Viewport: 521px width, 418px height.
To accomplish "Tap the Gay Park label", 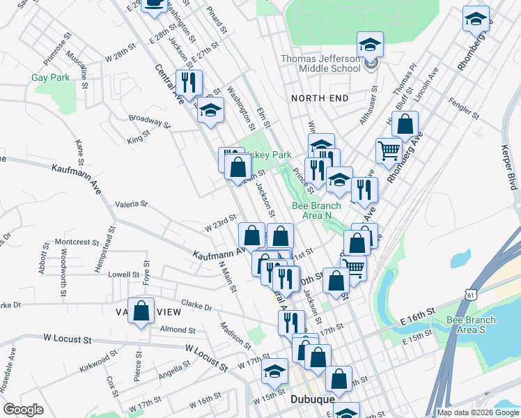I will (50, 78).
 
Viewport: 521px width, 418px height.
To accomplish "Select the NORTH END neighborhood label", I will (320, 98).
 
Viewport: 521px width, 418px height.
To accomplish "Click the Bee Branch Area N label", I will (316, 210).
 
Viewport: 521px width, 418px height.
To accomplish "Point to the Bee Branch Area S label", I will (472, 325).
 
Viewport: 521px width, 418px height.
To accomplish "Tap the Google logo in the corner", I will (23, 410).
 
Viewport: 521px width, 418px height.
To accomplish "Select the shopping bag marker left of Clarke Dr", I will (141, 313).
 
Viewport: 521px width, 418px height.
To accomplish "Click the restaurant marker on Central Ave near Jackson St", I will (189, 82).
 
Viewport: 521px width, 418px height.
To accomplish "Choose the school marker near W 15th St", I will (275, 371).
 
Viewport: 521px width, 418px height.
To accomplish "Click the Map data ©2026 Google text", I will (477, 412).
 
